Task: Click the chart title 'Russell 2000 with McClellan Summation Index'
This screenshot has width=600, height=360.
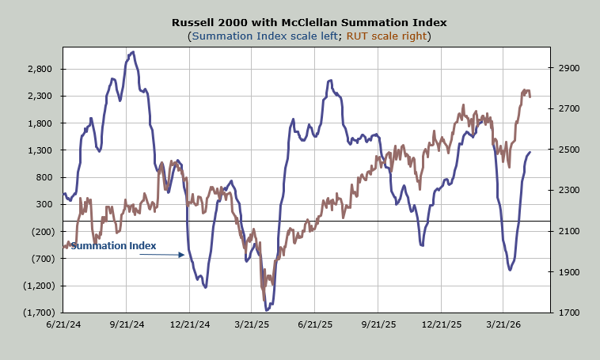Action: (301, 22)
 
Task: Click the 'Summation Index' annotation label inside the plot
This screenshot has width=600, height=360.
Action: (113, 246)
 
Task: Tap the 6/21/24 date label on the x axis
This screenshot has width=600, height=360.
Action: (63, 324)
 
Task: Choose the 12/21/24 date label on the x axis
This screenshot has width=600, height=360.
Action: (189, 324)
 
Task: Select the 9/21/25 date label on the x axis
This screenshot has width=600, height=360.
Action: (378, 324)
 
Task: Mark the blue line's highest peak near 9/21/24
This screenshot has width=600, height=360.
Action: (132, 52)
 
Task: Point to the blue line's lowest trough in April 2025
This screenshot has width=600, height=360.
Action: (266, 309)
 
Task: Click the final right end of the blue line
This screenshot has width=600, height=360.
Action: (530, 152)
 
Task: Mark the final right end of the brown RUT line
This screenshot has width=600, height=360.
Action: (530, 97)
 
